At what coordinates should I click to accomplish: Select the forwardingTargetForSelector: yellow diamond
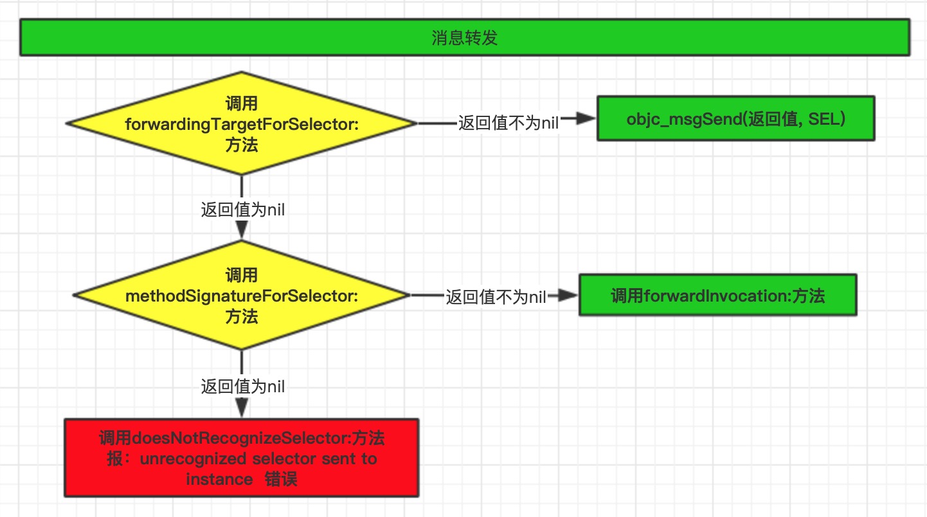(x=242, y=123)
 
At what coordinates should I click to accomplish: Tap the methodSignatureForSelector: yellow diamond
(x=242, y=296)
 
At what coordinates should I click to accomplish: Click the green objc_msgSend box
(x=735, y=118)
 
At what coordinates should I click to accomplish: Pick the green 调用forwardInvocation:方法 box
(x=717, y=295)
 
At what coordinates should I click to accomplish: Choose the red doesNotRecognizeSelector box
(x=242, y=458)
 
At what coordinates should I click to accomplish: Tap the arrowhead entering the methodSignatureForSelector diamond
(x=242, y=231)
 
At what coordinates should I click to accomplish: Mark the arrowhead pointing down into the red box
(x=242, y=408)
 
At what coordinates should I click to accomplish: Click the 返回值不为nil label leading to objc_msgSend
(x=508, y=123)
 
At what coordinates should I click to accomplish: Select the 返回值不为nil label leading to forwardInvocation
(x=496, y=296)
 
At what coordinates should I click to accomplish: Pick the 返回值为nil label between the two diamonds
(x=242, y=210)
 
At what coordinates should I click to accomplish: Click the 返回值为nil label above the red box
(x=242, y=386)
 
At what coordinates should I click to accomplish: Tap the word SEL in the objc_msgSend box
(x=824, y=119)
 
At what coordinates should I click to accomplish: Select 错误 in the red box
(x=281, y=479)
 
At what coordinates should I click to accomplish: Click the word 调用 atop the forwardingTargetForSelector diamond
(x=242, y=104)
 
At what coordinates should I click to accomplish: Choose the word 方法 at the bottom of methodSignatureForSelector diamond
(x=242, y=316)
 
